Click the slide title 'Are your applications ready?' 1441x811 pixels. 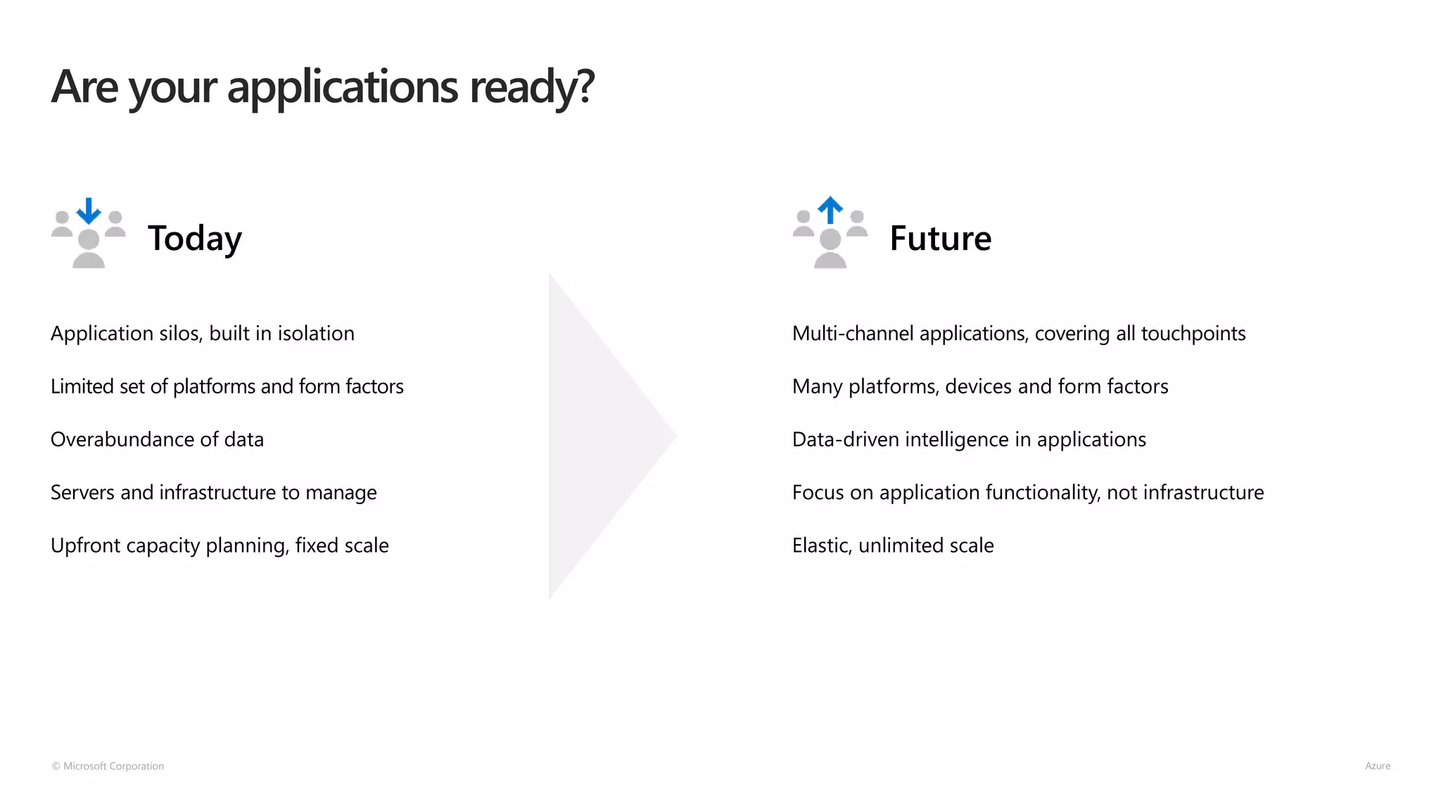click(x=322, y=87)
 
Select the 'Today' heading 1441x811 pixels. click(x=195, y=238)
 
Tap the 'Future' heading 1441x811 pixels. click(x=940, y=238)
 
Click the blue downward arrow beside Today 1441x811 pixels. click(x=89, y=210)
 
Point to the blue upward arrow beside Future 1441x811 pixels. click(x=830, y=209)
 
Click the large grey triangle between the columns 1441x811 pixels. click(x=598, y=436)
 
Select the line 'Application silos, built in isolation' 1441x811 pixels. click(x=203, y=334)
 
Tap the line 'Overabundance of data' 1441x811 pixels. click(x=157, y=440)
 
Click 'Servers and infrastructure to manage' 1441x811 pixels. click(x=213, y=493)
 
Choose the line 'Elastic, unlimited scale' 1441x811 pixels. click(x=893, y=546)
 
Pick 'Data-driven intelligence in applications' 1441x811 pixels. click(x=969, y=440)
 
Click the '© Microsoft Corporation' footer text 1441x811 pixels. click(x=108, y=766)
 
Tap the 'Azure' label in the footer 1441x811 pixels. click(x=1377, y=766)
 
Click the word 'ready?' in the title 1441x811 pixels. click(x=532, y=87)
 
